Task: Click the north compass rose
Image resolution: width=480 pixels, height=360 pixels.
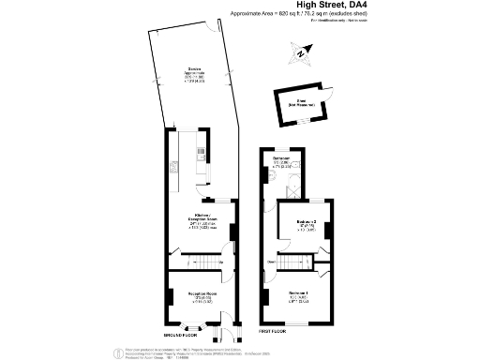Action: coord(300,55)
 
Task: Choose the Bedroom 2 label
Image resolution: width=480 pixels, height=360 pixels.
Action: coord(307,222)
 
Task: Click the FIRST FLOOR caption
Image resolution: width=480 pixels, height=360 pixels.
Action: coord(274,331)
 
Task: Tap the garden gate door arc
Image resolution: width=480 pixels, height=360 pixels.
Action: coord(174,123)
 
